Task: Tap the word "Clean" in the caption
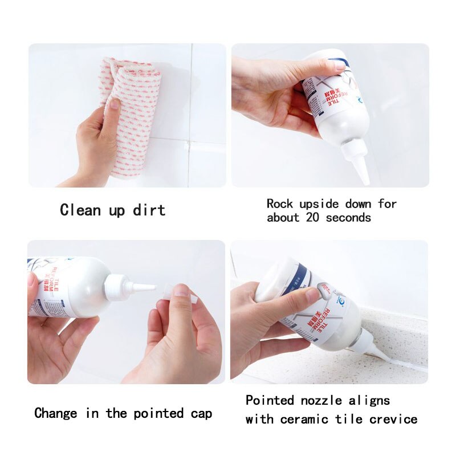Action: [81, 210]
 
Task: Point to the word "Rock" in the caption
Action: [280, 203]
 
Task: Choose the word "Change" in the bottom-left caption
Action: [56, 413]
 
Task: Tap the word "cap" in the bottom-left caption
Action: [201, 413]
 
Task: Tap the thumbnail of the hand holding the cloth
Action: [127, 115]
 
